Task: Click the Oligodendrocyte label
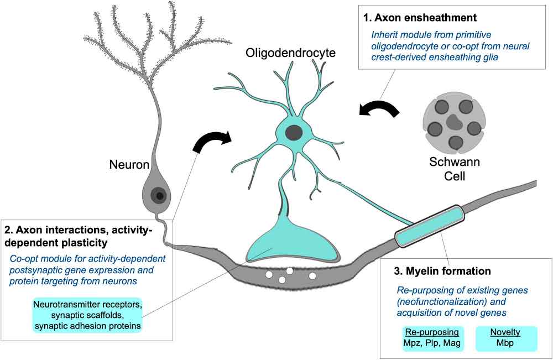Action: pyautogui.click(x=290, y=53)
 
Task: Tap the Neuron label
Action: pyautogui.click(x=129, y=165)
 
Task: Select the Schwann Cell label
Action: pyautogui.click(x=454, y=169)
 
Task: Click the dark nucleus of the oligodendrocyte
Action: pyautogui.click(x=294, y=133)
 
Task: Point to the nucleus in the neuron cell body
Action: pyautogui.click(x=159, y=195)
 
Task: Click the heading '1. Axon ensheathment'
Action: pyautogui.click(x=420, y=18)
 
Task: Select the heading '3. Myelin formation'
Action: pyautogui.click(x=442, y=271)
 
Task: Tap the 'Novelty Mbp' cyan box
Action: pyautogui.click(x=506, y=338)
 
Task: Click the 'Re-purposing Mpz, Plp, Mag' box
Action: pyautogui.click(x=432, y=338)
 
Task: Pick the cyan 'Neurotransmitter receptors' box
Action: pyautogui.click(x=88, y=315)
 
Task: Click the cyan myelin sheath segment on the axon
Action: pyautogui.click(x=430, y=226)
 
